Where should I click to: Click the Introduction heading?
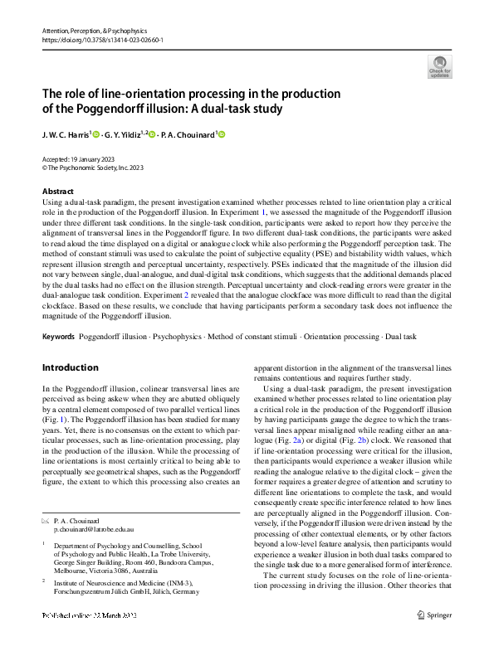pos(70,367)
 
